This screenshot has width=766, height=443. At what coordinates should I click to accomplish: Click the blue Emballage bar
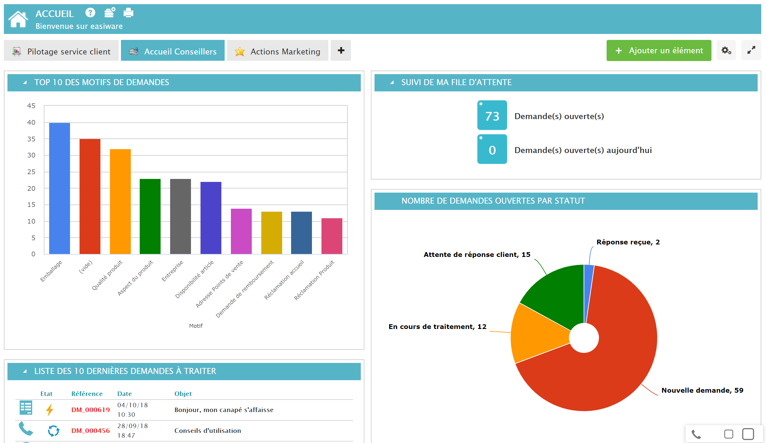coord(60,188)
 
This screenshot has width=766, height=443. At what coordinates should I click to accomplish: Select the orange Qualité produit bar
coord(120,202)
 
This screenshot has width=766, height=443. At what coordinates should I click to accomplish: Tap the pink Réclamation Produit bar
coord(332,236)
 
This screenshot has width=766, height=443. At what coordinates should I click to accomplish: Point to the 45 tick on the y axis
coord(31,106)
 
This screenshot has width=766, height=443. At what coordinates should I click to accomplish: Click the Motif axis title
coord(196,326)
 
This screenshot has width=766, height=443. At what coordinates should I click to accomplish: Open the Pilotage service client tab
coord(61,51)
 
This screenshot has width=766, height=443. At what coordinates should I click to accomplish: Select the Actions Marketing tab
coord(277,51)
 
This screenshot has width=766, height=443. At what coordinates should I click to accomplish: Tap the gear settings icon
coord(726,50)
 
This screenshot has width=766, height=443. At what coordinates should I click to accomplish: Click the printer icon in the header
coord(128,13)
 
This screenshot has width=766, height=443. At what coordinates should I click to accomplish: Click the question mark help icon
coord(90,13)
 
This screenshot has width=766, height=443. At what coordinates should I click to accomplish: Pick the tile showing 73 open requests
coord(492,116)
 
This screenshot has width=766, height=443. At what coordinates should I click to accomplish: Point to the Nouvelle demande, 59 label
coord(702,390)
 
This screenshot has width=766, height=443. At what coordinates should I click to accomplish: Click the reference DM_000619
coord(91,410)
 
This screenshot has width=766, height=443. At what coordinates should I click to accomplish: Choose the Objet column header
coord(183,394)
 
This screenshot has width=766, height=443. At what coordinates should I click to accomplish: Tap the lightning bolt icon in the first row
coord(49,410)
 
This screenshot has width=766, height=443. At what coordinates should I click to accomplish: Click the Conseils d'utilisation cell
coord(208,430)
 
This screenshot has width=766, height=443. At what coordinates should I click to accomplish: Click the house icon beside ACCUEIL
coord(18,19)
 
